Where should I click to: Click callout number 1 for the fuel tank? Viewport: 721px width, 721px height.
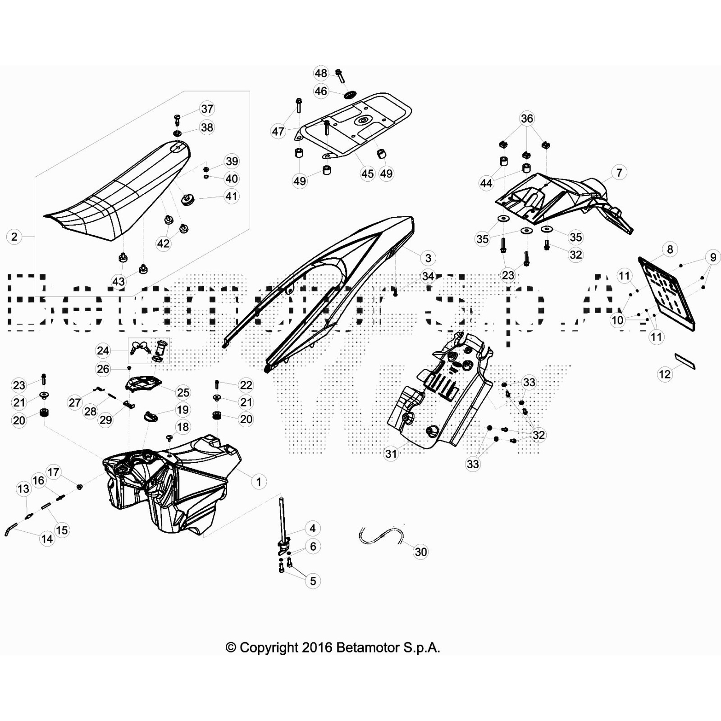pyautogui.click(x=259, y=482)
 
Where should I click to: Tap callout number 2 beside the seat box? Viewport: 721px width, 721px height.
pyautogui.click(x=14, y=237)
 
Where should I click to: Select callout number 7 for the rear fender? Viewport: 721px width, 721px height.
pyautogui.click(x=619, y=173)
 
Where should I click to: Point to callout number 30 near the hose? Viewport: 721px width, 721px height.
pyautogui.click(x=420, y=552)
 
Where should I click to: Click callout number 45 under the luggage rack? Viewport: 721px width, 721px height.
pyautogui.click(x=368, y=173)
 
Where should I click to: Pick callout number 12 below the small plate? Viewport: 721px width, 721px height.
pyautogui.click(x=665, y=374)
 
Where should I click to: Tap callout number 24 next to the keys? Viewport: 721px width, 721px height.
pyautogui.click(x=103, y=351)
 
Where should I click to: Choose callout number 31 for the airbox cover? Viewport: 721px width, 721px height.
pyautogui.click(x=391, y=453)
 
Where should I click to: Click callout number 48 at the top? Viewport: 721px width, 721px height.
pyautogui.click(x=321, y=73)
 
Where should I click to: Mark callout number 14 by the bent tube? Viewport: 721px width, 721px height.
pyautogui.click(x=47, y=538)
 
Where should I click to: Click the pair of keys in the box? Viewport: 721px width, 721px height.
pyautogui.click(x=140, y=348)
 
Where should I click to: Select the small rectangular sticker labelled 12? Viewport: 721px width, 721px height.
pyautogui.click(x=685, y=361)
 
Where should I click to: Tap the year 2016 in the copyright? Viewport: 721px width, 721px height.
pyautogui.click(x=317, y=648)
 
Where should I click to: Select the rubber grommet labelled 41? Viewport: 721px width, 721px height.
pyautogui.click(x=187, y=199)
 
